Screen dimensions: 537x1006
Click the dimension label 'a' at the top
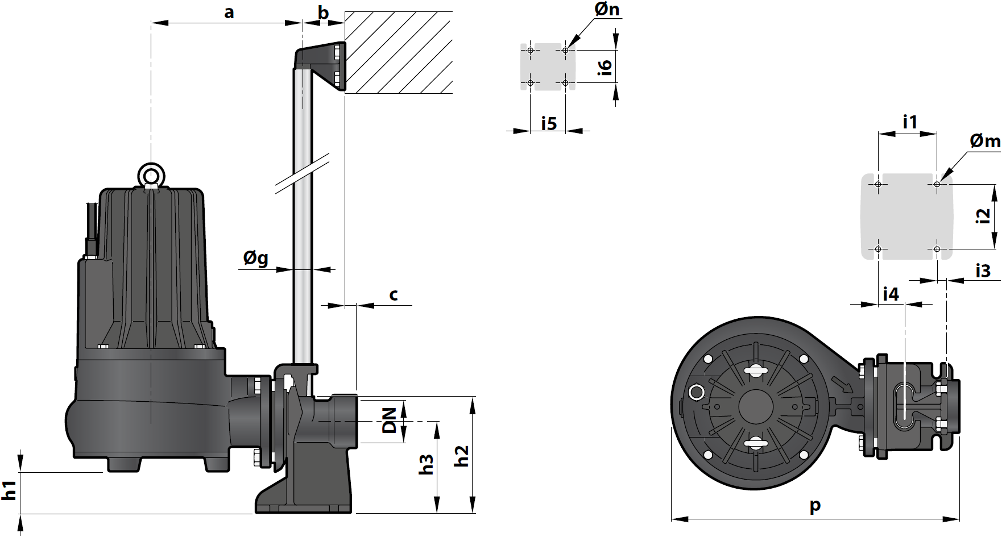pyautogui.click(x=229, y=13)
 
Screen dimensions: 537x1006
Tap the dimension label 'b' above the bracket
pyautogui.click(x=323, y=13)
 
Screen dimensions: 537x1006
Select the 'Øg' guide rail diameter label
pyautogui.click(x=256, y=259)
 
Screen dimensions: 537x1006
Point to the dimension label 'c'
pyautogui.click(x=394, y=294)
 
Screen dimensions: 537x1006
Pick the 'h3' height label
pyautogui.click(x=427, y=465)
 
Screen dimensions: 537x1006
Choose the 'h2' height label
pyautogui.click(x=462, y=456)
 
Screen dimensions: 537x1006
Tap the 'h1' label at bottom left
pyautogui.click(x=9, y=490)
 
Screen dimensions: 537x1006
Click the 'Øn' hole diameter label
pyautogui.click(x=607, y=10)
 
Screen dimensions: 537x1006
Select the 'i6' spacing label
pyautogui.click(x=605, y=66)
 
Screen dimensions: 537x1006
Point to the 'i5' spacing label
pyautogui.click(x=549, y=123)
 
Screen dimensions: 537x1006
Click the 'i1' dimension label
pyautogui.click(x=910, y=122)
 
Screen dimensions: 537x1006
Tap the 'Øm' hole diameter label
pyautogui.click(x=985, y=141)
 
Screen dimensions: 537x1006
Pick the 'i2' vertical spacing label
pyautogui.click(x=983, y=217)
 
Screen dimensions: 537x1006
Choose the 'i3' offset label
pyautogui.click(x=983, y=271)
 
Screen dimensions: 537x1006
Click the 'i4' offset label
pyautogui.click(x=891, y=294)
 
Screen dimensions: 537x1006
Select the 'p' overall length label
pyautogui.click(x=815, y=505)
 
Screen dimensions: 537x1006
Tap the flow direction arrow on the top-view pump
pyautogui.click(x=842, y=384)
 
